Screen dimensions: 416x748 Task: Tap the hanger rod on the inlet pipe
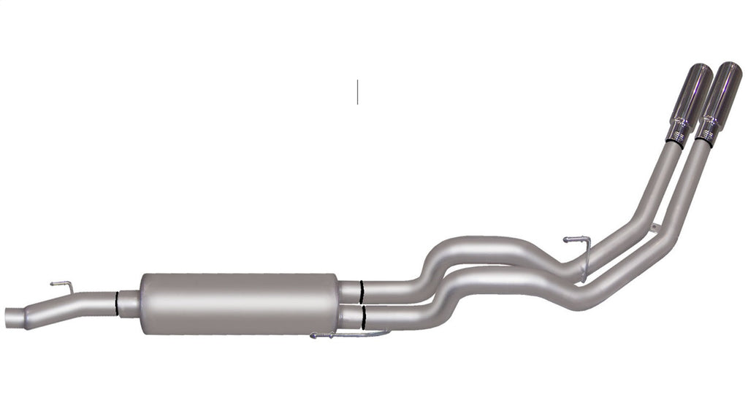click(61, 285)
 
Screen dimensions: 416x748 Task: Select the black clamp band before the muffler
click(116, 303)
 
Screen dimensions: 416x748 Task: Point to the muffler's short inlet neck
click(129, 303)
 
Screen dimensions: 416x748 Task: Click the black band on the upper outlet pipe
click(361, 291)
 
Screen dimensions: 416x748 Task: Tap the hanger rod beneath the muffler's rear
click(351, 335)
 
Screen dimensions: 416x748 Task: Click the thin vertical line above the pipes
click(357, 91)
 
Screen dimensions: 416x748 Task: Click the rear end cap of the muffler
click(337, 303)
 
